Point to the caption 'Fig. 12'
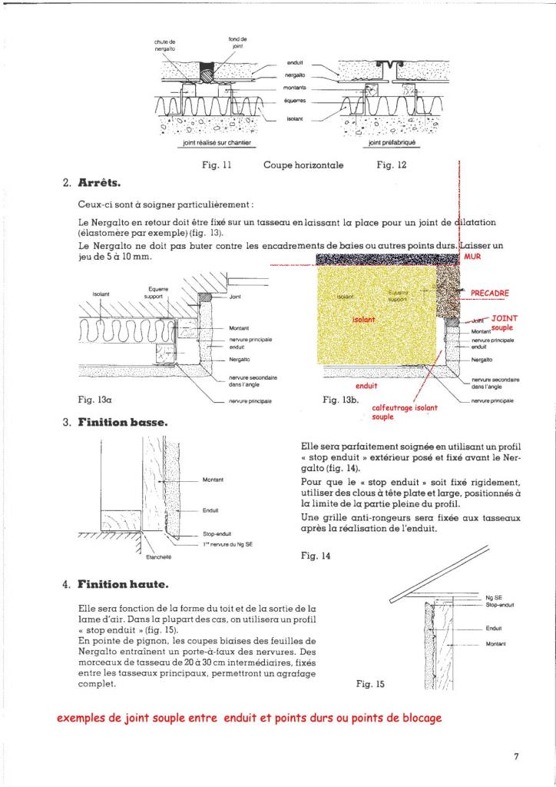(x=391, y=164)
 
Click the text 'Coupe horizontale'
(x=303, y=164)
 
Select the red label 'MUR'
(x=472, y=258)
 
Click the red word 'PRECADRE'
(x=490, y=293)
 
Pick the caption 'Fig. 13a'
(x=96, y=400)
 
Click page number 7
(x=517, y=756)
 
